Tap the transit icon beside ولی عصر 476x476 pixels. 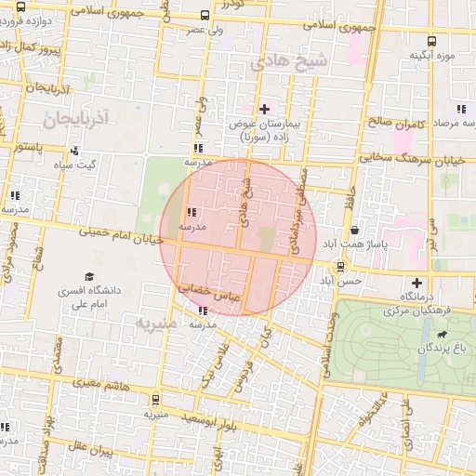205,15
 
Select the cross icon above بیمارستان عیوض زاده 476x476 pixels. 264,109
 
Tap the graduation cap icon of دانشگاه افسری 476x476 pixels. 89,276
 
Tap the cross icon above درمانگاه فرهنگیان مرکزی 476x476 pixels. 416,283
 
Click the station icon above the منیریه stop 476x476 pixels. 154,400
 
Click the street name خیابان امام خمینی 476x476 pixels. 121,239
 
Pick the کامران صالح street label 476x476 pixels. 393,123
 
